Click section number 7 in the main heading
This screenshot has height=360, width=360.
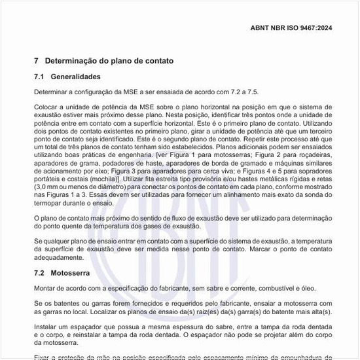click(37, 61)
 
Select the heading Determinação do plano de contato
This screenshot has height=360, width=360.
click(109, 61)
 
